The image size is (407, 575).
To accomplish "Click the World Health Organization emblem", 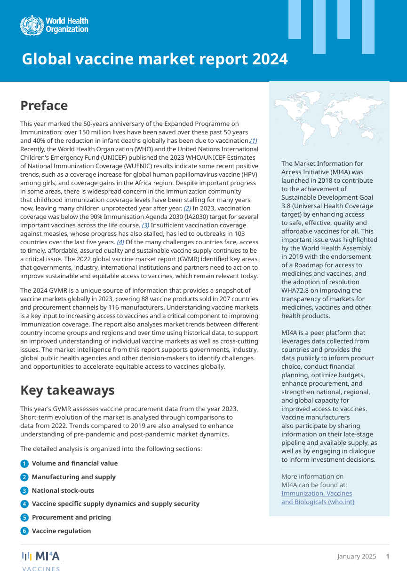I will coord(32,25).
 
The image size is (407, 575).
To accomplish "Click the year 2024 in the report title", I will coord(270,59).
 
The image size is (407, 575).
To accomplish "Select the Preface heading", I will coord(44,105).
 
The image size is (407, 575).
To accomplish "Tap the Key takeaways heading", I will coord(67,390).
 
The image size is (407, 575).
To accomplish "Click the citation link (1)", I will coord(253,141).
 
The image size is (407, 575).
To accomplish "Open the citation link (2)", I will coord(187,208).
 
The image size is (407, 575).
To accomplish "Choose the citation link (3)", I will coord(145,225).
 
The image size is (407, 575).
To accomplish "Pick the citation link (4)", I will coord(120,242).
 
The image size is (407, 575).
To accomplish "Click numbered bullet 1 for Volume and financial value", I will coord(24,464).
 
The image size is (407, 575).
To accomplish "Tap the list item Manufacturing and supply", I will coord(73,477).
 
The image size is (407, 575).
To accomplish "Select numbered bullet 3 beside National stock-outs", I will coord(24,491).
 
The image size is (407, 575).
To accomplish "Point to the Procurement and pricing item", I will coord(71,517).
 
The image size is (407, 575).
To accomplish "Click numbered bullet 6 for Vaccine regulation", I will coord(24,531).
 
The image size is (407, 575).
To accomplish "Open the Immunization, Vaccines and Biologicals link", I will coord(318,497).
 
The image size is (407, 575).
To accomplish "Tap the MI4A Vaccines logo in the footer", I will coord(41,560).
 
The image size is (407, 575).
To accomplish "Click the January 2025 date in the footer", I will coord(356,557).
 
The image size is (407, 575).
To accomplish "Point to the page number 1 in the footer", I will coord(388,557).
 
